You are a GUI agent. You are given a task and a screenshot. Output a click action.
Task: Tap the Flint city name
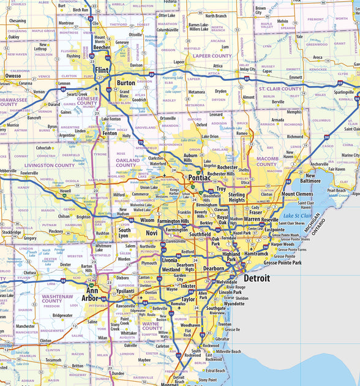pyautogui.click(x=101, y=70)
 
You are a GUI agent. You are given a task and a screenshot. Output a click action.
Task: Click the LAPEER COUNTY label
pyautogui.click(x=212, y=56)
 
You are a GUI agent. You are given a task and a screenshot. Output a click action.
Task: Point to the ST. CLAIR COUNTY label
pyautogui.click(x=280, y=89)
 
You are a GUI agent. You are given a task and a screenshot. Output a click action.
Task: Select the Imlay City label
pyautogui.click(x=247, y=69)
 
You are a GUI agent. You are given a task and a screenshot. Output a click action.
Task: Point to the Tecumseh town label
pyautogui.click(x=53, y=360)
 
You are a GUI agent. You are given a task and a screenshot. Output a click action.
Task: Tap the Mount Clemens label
pyautogui.click(x=297, y=194)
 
